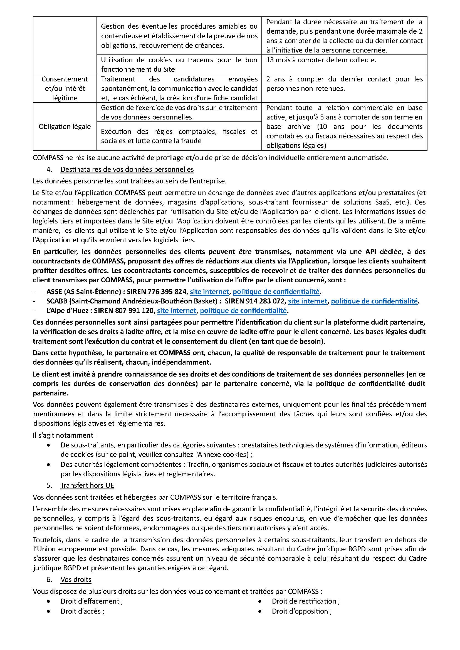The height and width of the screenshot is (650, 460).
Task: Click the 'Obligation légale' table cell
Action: click(x=65, y=126)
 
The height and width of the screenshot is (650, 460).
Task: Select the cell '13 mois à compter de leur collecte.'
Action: click(x=321, y=60)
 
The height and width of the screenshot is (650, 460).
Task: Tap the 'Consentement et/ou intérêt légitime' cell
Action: click(x=65, y=88)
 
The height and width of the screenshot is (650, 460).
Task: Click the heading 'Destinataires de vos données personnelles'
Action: click(x=127, y=170)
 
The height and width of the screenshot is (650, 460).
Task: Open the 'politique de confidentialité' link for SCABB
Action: click(x=374, y=301)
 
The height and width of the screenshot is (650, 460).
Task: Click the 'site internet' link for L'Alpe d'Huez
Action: click(x=177, y=311)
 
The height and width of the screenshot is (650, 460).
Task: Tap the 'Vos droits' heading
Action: click(x=76, y=579)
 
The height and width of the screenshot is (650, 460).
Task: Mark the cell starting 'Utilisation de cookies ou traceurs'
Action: click(x=179, y=64)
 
